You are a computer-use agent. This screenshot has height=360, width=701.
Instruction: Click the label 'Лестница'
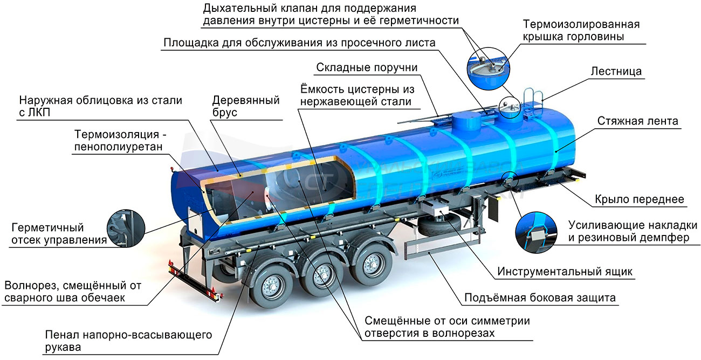(616, 72)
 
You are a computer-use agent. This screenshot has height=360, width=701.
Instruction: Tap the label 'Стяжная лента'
(637, 121)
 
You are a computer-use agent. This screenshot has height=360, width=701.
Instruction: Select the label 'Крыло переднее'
(640, 199)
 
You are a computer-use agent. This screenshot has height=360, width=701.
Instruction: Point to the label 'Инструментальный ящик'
(565, 272)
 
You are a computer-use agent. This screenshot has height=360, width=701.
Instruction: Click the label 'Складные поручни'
(367, 67)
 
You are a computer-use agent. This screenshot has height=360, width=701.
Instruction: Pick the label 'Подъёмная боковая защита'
(540, 298)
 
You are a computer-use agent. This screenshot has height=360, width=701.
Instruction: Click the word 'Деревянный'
(246, 100)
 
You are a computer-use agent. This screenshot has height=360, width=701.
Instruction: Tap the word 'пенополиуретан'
(118, 147)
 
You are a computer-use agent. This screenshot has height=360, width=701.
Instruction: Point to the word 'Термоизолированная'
(581, 24)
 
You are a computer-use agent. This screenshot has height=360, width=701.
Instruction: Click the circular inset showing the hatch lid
(488, 69)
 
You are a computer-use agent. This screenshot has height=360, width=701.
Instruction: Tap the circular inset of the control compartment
(126, 229)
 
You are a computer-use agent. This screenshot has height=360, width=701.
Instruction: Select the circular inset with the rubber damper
(536, 232)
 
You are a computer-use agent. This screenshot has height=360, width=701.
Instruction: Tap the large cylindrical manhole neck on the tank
(467, 122)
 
